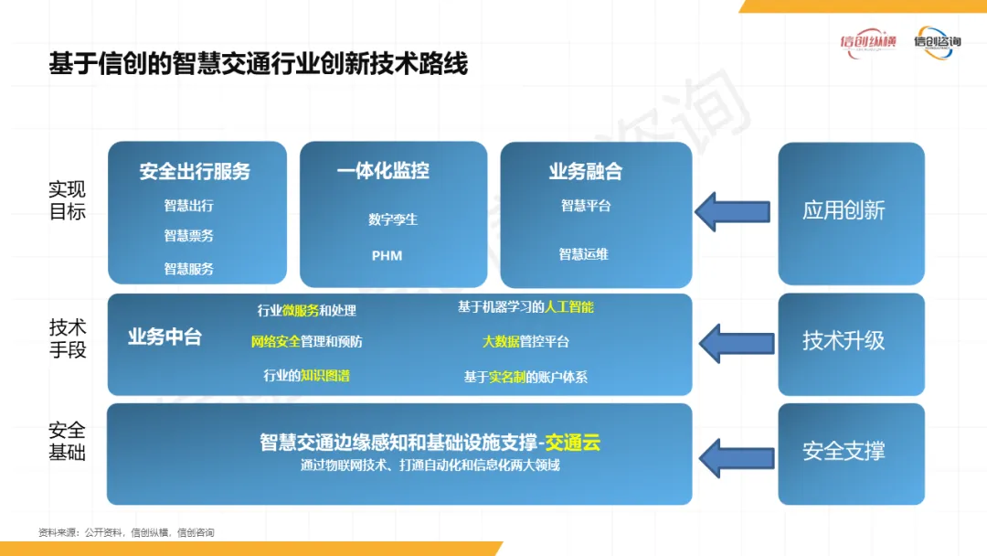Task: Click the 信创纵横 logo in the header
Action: (x=868, y=42)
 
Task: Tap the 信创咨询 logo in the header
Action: (x=938, y=42)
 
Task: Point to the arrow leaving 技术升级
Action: (x=736, y=342)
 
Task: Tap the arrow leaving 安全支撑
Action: (x=736, y=453)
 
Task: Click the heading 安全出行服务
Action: (x=195, y=172)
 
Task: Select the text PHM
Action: (x=387, y=255)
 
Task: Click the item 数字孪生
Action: (x=393, y=219)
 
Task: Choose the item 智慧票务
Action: (x=189, y=236)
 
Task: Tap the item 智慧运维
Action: (x=584, y=255)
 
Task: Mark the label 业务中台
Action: (x=164, y=337)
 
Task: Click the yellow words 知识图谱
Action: (x=326, y=375)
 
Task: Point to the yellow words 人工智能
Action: (x=569, y=307)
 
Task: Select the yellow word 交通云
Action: (x=573, y=444)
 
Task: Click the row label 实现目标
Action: (x=68, y=200)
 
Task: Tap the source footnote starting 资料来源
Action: (x=126, y=532)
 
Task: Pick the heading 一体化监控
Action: (x=383, y=171)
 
